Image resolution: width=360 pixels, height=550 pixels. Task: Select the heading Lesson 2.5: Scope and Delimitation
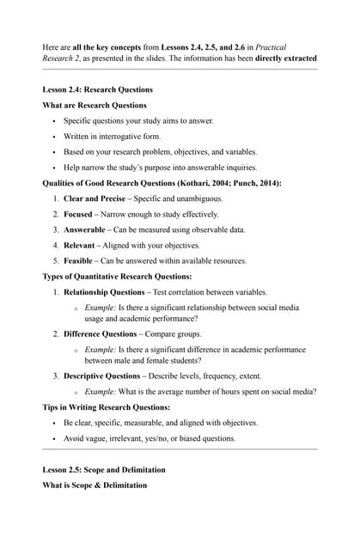coord(104,470)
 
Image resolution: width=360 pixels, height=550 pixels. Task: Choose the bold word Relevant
coord(82,245)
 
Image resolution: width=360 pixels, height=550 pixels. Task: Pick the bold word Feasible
coord(82,260)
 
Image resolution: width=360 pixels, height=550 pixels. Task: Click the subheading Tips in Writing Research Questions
coord(107,406)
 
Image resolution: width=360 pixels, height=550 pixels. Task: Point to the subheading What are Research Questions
coord(95,106)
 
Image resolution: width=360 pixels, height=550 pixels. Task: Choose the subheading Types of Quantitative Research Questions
coord(117,277)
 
